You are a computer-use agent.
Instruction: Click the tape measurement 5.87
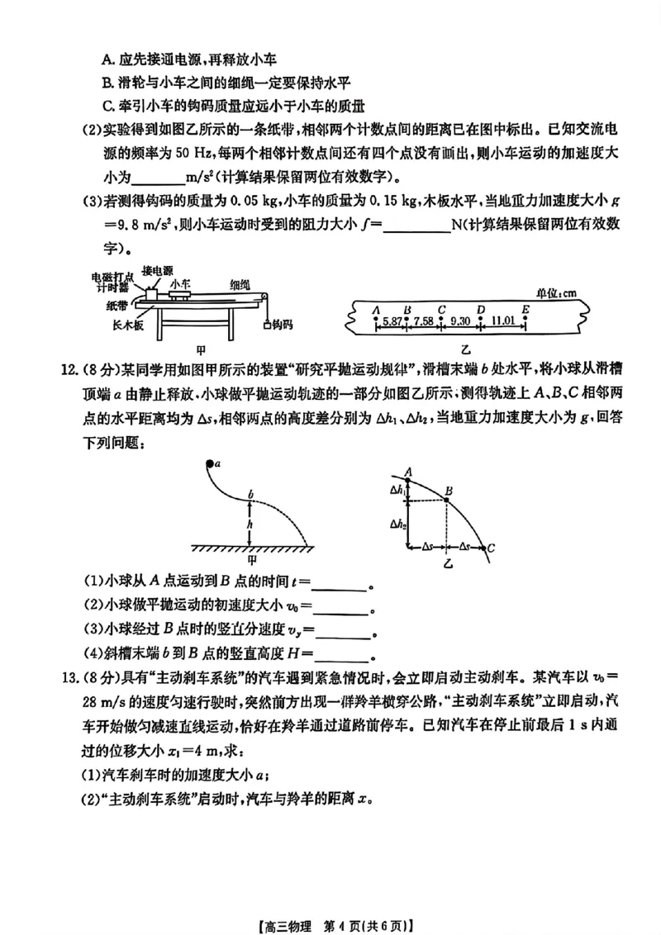click(x=392, y=320)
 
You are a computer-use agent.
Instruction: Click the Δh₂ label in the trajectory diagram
click(x=399, y=524)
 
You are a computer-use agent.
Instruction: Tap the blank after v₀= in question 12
click(x=340, y=606)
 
